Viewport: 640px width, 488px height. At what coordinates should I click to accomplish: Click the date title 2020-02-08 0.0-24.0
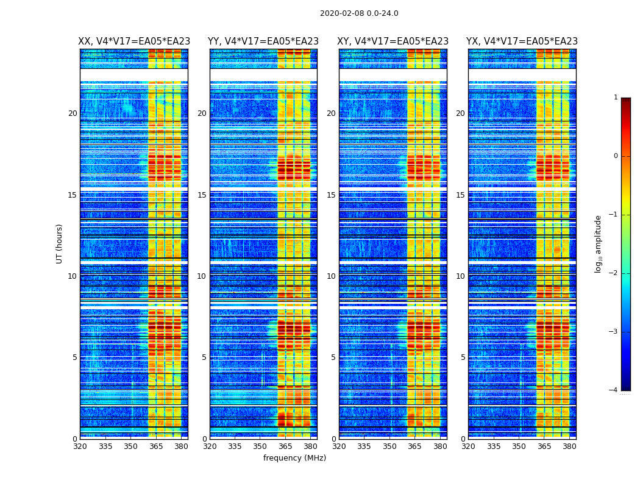click(359, 13)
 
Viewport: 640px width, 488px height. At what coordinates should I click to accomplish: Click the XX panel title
click(134, 41)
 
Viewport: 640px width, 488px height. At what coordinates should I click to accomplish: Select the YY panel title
click(263, 41)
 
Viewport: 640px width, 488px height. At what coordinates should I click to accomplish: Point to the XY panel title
click(393, 41)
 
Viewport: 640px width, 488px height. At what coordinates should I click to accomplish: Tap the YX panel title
click(522, 41)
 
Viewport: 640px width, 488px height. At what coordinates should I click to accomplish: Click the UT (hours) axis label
click(60, 243)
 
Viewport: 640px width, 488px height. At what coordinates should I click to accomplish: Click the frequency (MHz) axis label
click(294, 458)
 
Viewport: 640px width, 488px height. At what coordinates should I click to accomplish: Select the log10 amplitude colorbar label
click(598, 243)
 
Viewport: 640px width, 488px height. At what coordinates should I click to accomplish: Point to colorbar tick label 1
click(616, 98)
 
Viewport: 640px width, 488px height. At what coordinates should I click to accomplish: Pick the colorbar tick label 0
click(616, 156)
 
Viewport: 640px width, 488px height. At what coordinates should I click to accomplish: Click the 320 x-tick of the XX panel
click(80, 446)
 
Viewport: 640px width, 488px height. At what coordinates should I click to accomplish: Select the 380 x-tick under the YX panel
click(569, 446)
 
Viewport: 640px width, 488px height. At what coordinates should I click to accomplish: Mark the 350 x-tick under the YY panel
click(260, 446)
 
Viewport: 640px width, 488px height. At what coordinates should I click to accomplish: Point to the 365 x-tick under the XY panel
click(414, 446)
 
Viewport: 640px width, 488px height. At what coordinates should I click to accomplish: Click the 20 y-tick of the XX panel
click(73, 113)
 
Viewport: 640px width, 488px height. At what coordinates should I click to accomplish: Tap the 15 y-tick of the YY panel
click(202, 195)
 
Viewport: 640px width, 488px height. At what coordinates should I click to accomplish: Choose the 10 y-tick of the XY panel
click(331, 276)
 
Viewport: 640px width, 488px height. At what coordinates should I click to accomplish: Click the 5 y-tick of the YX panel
click(463, 357)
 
